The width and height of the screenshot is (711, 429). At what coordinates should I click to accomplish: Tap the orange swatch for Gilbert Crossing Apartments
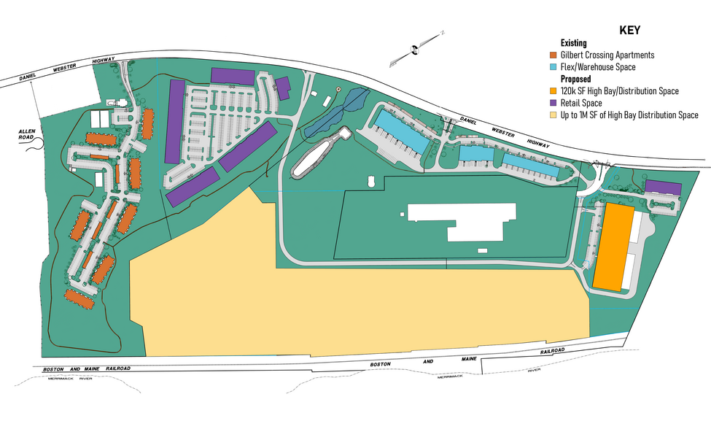[553, 55]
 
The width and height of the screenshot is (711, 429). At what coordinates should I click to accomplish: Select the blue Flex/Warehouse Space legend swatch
[553, 67]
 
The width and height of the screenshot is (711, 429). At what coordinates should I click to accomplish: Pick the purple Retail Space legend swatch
[553, 103]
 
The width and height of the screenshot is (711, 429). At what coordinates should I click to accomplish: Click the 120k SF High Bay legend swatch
[553, 91]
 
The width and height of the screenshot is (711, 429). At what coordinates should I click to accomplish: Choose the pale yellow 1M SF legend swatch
[553, 115]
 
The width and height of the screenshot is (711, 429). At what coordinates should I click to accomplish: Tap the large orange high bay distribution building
[612, 247]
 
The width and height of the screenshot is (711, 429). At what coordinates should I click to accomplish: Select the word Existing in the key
[573, 43]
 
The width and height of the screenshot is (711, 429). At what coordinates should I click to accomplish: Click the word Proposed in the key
[575, 79]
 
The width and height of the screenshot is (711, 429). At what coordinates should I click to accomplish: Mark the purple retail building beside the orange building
[662, 188]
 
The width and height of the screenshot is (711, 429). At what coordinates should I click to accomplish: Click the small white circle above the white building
[371, 179]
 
